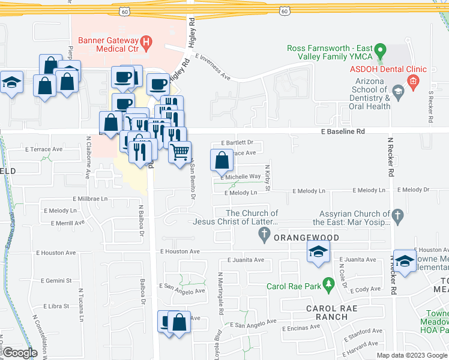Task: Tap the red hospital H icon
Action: pyautogui.click(x=150, y=43)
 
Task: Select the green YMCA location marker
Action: pyautogui.click(x=379, y=56)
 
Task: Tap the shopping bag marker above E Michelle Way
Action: pyautogui.click(x=221, y=160)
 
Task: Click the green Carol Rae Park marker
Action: pyautogui.click(x=328, y=282)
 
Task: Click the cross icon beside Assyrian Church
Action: pyautogui.click(x=397, y=214)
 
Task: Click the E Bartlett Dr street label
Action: pyautogui.click(x=237, y=143)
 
